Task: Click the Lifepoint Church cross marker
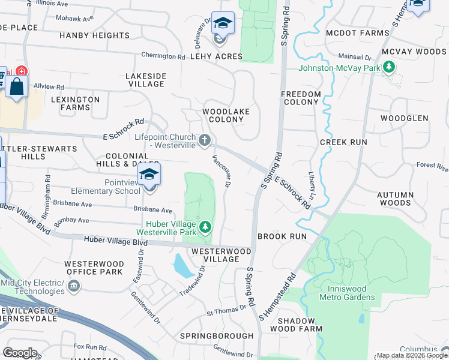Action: click(205, 140)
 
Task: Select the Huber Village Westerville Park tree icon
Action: click(205, 227)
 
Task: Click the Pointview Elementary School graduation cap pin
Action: click(149, 176)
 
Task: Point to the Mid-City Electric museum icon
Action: click(73, 287)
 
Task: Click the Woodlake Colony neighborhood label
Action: click(223, 115)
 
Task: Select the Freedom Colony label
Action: click(301, 98)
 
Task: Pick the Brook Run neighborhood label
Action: click(282, 236)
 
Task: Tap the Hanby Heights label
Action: click(95, 36)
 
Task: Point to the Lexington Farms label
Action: click(75, 103)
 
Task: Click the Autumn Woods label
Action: click(395, 199)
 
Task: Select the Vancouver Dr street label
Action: click(221, 170)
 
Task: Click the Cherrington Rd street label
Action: click(163, 56)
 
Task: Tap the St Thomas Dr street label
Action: click(226, 310)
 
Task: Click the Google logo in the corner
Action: click(20, 352)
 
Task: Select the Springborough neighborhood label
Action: click(216, 335)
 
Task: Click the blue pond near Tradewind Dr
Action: click(184, 265)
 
